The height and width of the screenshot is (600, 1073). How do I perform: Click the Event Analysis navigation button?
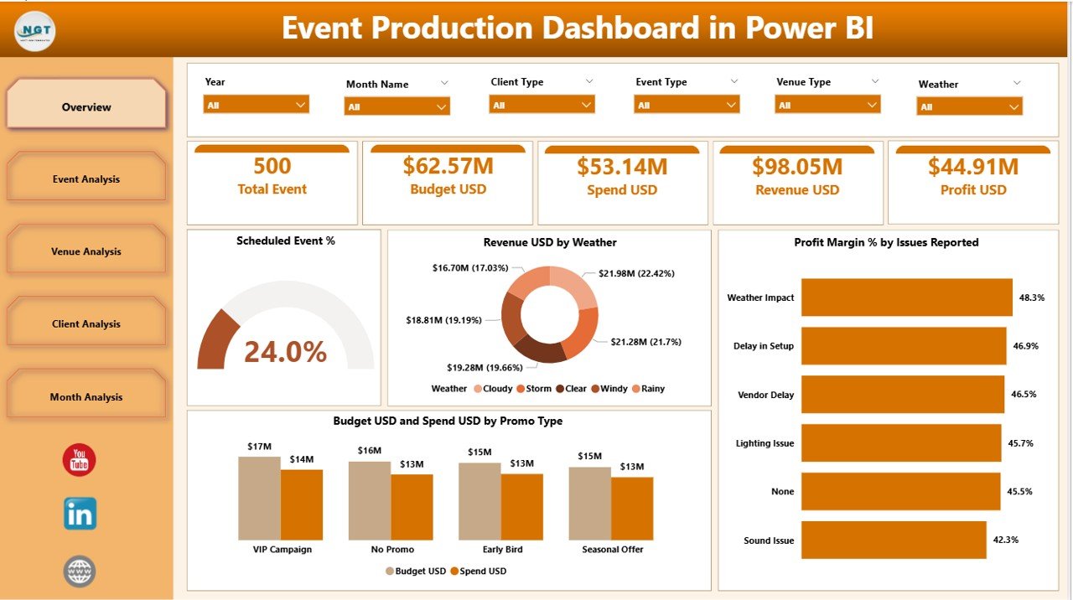86,178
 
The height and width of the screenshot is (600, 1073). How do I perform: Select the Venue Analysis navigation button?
86,251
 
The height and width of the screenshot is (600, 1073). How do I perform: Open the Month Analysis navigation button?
86,396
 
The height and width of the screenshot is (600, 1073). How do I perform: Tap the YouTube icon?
80,460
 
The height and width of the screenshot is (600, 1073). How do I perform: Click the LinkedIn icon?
80,514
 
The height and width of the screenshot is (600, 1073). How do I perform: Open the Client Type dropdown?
542,105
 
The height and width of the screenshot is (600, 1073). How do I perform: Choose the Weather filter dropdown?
970,106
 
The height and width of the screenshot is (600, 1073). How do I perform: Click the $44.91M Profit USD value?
972,166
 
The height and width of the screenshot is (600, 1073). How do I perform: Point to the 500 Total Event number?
272,166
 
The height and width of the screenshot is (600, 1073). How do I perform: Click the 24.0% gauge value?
285,352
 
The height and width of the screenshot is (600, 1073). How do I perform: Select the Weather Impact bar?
906,297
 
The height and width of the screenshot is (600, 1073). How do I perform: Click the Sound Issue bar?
893,540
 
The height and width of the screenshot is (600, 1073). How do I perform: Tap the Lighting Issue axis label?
765,443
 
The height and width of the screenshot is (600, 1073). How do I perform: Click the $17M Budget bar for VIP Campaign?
259,498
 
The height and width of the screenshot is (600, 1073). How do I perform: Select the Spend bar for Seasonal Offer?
632,508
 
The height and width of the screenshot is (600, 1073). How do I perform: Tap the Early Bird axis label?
502,550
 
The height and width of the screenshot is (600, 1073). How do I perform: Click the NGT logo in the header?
35,30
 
